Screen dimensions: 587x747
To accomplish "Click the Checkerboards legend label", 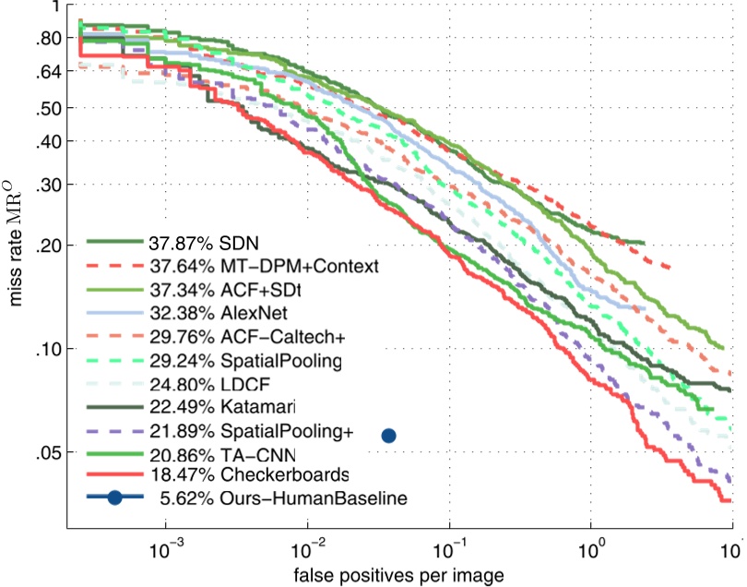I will (247, 474).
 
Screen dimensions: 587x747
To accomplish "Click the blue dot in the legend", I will (114, 498).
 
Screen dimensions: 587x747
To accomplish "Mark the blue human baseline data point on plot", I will (388, 436).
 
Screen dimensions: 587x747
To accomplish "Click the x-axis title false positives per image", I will (398, 575).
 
